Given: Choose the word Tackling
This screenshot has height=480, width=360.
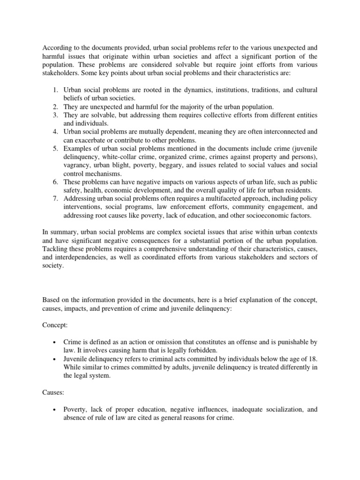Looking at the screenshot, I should coord(56,248).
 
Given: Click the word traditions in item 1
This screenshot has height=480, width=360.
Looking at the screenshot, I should coord(255,90).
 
